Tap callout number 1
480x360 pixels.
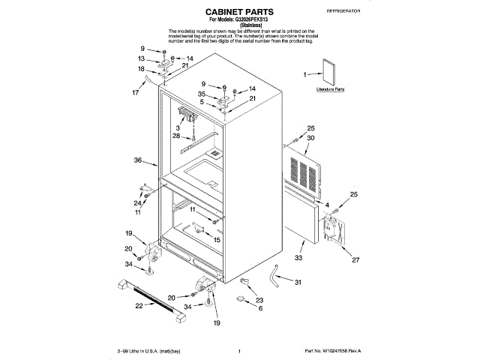305,75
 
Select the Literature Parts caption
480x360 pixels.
330,89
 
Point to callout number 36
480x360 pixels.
137,160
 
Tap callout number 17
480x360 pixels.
135,93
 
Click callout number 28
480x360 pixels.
175,136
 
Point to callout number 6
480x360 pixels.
260,308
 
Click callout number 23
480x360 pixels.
260,299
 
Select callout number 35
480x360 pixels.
202,94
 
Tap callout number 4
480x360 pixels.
327,205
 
